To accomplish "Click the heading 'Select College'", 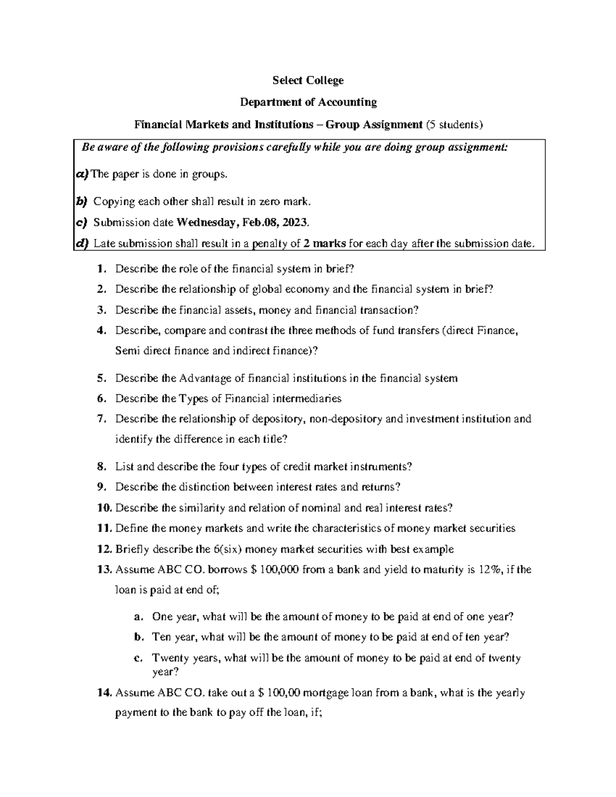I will (308, 81).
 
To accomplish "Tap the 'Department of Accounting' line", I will (309, 102).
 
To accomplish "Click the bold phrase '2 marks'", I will (325, 243).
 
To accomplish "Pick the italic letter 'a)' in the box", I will (82, 174).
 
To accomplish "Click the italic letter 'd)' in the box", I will (82, 243).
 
